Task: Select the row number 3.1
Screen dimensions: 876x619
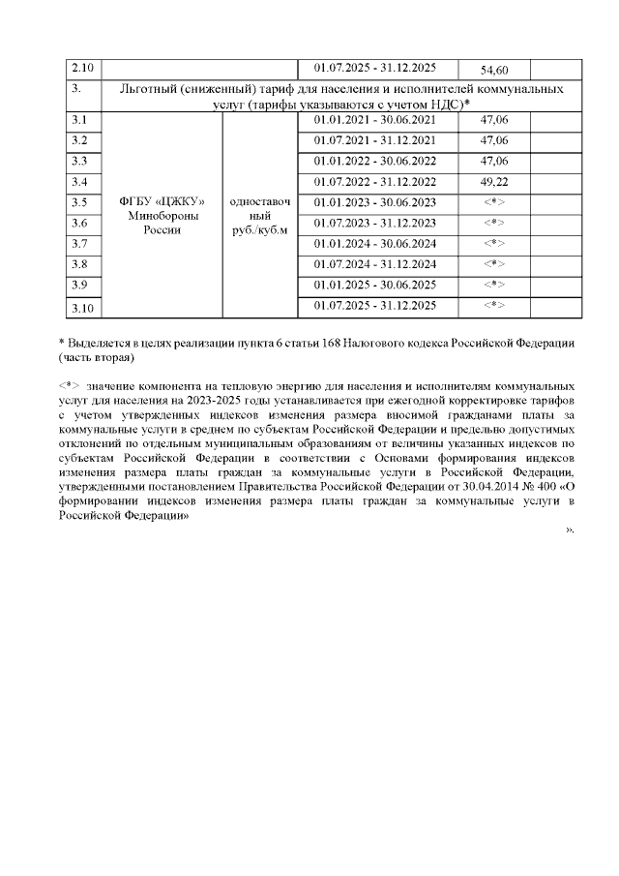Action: point(80,120)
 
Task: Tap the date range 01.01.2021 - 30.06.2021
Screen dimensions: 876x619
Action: point(375,120)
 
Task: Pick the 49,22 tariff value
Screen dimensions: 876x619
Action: point(494,181)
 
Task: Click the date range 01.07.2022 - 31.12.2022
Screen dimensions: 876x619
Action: point(375,181)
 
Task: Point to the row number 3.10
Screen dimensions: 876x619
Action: point(83,307)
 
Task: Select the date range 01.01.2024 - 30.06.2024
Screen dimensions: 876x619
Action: point(375,243)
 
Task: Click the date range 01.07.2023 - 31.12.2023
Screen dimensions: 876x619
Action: point(375,223)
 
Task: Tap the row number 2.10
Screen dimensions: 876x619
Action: point(83,68)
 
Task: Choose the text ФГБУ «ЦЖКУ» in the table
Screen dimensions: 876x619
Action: point(162,201)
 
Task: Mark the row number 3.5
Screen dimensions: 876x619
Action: point(80,201)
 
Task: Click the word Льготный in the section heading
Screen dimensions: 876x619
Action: point(146,88)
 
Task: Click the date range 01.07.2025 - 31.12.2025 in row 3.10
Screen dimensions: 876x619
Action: point(375,306)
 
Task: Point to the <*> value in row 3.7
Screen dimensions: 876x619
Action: point(494,243)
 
